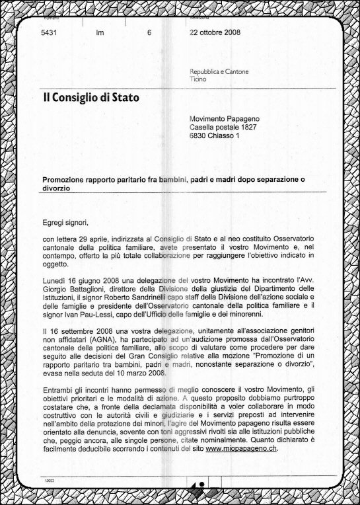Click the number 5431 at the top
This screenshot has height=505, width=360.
50,32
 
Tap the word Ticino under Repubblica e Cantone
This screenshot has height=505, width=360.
198,79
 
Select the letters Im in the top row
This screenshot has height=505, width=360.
100,32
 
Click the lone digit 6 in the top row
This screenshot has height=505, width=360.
149,32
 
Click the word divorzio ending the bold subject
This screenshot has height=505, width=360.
57,188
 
